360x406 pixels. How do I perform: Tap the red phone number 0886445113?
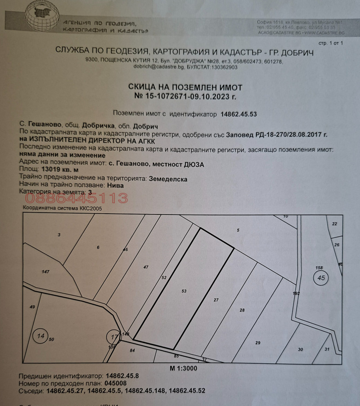[76, 198]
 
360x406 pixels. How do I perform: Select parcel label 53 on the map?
[184, 291]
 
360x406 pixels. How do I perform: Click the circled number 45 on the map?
[321, 278]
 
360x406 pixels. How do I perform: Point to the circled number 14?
[41, 336]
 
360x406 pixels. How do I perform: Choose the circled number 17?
[113, 336]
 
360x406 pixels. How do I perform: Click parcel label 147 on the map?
[45, 272]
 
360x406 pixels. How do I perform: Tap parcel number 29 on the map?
[258, 343]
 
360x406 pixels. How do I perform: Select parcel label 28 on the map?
[242, 311]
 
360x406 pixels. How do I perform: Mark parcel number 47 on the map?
[146, 268]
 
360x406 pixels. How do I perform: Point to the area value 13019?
[50, 169]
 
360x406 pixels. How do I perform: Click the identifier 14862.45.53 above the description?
[238, 114]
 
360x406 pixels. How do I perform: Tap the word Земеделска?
[168, 178]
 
